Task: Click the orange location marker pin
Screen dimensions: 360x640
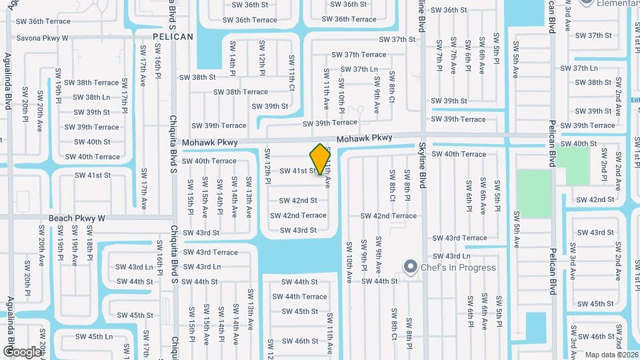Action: pos(321,159)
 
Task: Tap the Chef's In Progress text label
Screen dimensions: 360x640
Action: pos(458,267)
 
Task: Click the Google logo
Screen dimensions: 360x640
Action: pos(22,351)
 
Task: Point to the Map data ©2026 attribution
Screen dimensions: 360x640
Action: pos(611,354)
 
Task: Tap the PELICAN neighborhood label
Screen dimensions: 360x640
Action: pos(173,37)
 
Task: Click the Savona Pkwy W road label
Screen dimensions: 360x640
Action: pos(42,38)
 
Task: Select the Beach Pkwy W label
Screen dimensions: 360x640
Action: pos(77,218)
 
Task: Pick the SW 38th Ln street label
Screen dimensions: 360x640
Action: pos(92,97)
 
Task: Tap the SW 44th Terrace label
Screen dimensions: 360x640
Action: pos(299,297)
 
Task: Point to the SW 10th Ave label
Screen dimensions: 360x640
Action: pos(349,256)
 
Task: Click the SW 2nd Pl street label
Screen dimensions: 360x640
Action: pos(603,170)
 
